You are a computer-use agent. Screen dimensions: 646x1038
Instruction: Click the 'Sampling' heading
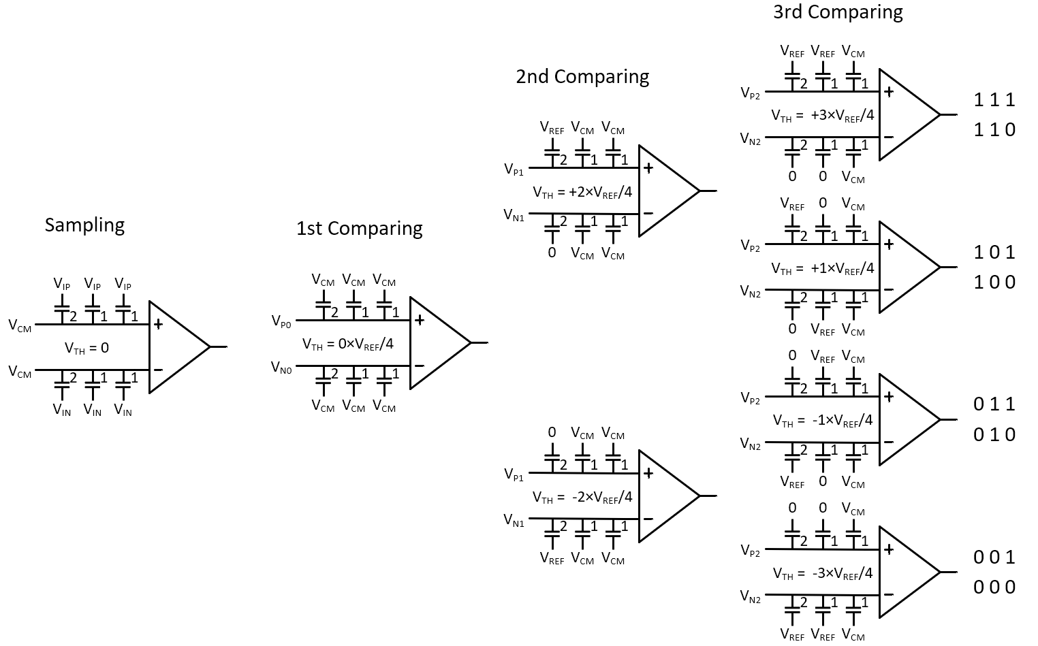(84, 225)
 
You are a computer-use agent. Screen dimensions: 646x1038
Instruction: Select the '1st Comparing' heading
(359, 228)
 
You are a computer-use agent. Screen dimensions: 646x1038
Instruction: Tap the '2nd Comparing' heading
(582, 76)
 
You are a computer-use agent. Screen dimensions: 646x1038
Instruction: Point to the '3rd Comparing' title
(838, 12)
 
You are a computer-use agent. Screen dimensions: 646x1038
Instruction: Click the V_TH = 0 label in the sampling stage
(86, 348)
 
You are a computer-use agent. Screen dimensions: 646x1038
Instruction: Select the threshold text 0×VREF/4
(347, 344)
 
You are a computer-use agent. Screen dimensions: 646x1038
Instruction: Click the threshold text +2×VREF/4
(582, 192)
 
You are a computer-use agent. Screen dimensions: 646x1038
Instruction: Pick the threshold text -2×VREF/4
(582, 497)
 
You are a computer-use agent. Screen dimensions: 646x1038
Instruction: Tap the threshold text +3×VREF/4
(822, 116)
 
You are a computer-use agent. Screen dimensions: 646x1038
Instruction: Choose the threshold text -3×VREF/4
(822, 573)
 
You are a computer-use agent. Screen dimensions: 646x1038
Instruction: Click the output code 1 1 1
(994, 100)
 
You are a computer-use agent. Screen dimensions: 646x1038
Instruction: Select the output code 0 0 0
(994, 587)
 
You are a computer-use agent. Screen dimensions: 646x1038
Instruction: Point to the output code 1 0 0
(994, 282)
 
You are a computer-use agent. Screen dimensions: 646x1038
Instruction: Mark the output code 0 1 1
(994, 404)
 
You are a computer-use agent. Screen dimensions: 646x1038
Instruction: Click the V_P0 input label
(281, 321)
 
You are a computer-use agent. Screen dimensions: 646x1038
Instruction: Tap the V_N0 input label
(281, 368)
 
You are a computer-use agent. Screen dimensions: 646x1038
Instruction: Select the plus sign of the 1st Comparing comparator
(420, 320)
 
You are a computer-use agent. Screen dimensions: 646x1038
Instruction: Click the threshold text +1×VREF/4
(822, 268)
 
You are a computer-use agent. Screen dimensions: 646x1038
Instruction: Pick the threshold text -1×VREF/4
(822, 421)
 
